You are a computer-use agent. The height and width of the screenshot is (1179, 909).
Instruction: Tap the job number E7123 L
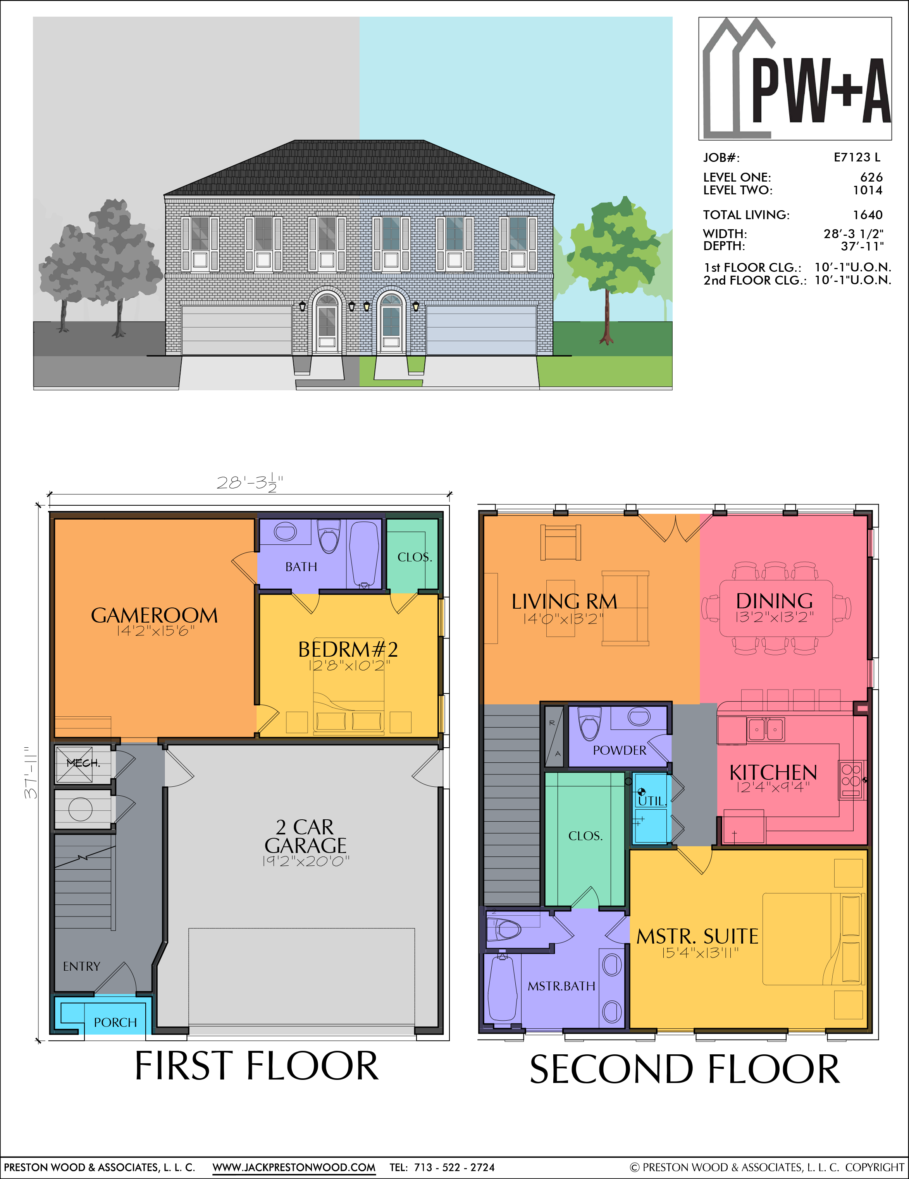857,157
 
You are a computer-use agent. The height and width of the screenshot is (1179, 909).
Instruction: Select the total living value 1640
868,215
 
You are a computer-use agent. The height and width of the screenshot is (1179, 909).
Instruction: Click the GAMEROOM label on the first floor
155,615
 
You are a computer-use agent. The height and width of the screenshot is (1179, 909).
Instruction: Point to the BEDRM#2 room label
348,649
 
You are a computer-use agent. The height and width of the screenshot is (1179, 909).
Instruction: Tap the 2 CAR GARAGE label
306,836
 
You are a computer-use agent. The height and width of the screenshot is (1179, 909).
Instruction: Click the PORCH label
115,1023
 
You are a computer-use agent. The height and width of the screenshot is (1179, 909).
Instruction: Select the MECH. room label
83,763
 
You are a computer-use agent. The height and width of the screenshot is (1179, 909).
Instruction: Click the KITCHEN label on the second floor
773,772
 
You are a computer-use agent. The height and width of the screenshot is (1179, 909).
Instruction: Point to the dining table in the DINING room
776,608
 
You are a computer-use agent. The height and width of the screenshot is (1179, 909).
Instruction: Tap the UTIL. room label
652,801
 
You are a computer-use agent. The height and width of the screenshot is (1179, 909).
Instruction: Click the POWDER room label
620,750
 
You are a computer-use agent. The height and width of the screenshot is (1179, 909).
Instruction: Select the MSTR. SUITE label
697,937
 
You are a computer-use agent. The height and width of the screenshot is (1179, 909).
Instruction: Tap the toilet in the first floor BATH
329,536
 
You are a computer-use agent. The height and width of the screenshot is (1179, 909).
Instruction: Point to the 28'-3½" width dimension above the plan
250,482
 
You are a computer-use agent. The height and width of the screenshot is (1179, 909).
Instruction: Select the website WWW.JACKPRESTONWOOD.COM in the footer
294,1167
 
